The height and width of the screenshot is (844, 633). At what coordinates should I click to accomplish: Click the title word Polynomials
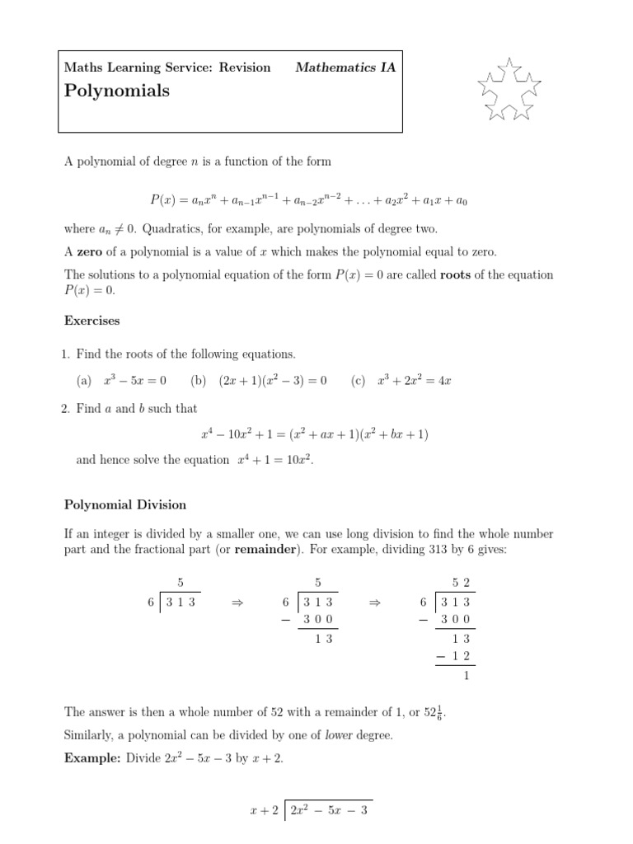tap(116, 91)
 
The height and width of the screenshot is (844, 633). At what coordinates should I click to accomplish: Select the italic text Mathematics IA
tap(345, 68)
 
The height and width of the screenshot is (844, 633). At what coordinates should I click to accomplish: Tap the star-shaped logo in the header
tap(509, 90)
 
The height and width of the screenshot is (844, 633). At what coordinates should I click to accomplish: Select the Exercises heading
tap(91, 320)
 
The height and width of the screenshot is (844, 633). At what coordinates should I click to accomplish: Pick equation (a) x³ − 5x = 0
tap(134, 381)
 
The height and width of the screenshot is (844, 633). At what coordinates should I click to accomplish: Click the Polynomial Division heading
tap(125, 504)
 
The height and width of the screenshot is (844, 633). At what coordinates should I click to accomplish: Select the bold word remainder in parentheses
tap(265, 550)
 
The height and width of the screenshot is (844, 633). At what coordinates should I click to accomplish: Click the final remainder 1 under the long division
tap(466, 675)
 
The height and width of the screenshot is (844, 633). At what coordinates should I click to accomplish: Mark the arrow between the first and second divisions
tap(239, 603)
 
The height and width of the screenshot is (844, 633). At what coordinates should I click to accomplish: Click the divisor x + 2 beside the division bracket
tap(263, 810)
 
